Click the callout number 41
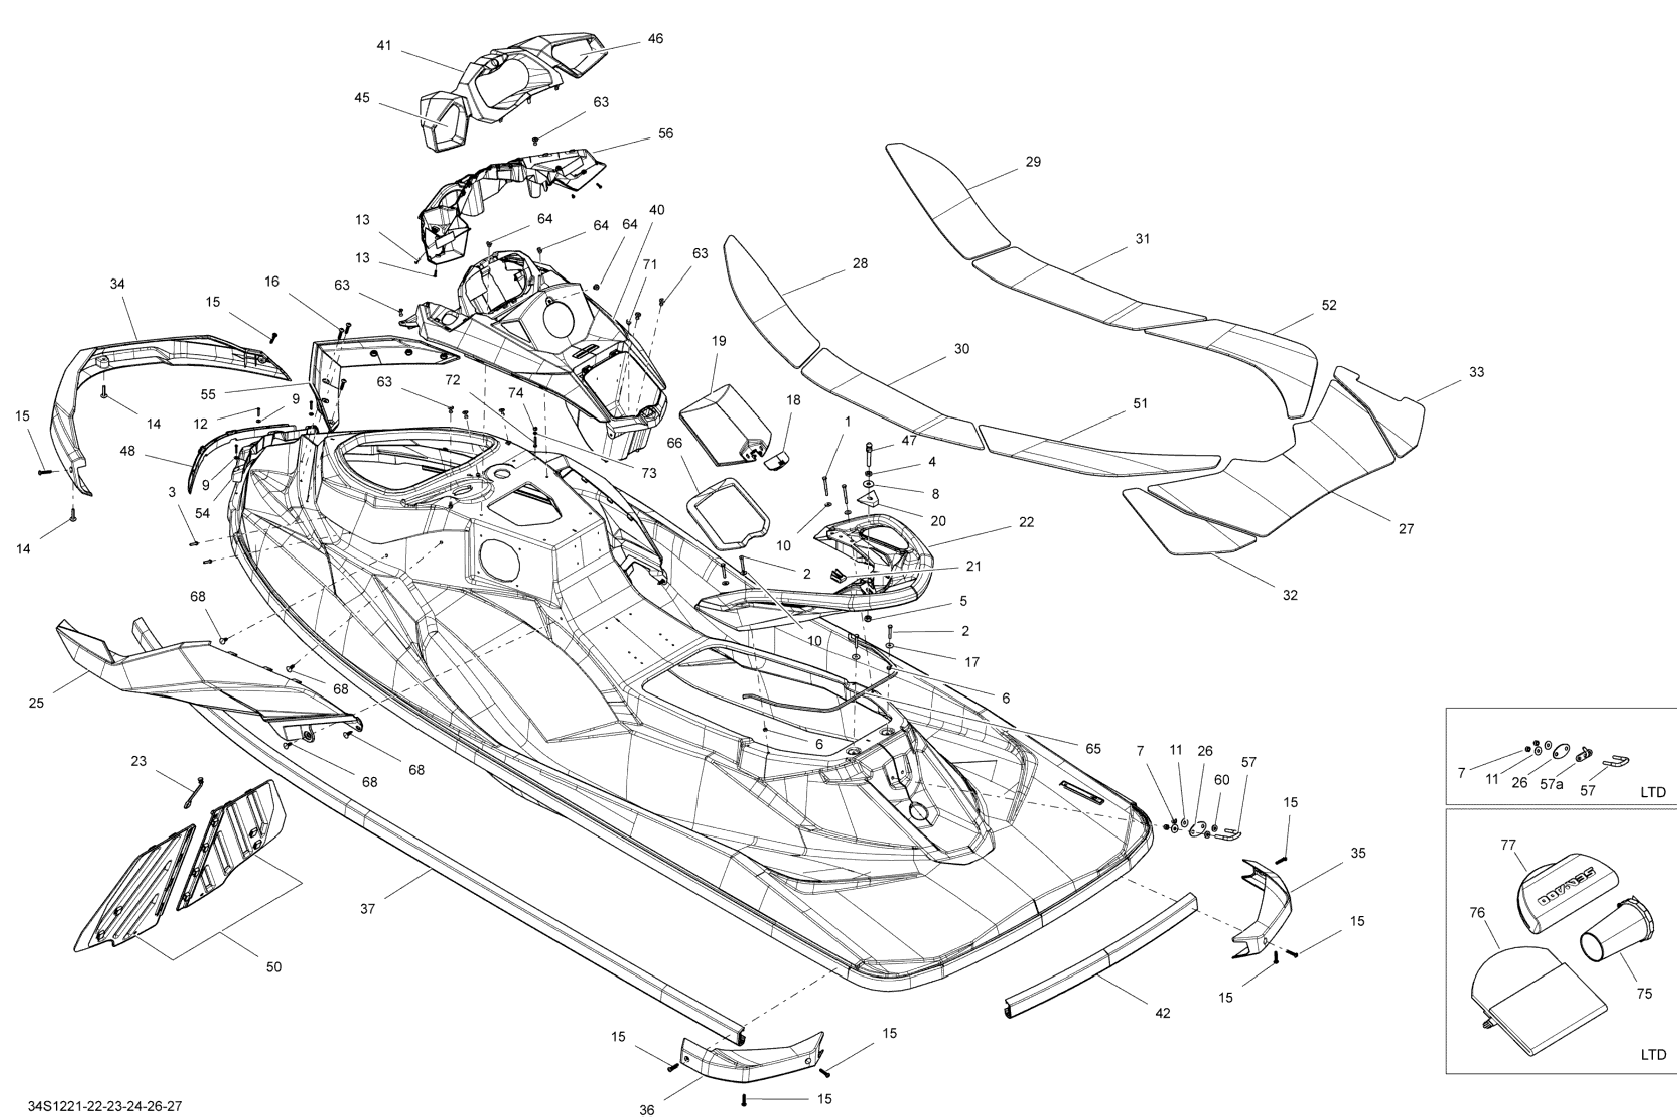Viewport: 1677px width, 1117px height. click(x=384, y=45)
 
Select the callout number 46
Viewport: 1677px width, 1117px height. click(x=655, y=38)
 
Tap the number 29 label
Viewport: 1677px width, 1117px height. click(x=1033, y=162)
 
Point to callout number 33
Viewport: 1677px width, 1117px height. click(x=1477, y=372)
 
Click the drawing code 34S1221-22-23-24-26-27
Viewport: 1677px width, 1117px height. click(x=105, y=1106)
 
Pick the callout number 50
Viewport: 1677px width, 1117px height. click(x=274, y=967)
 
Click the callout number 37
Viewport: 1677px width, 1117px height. click(x=367, y=908)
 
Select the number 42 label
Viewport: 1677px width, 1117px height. click(x=1163, y=1013)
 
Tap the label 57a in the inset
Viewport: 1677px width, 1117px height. click(x=1552, y=784)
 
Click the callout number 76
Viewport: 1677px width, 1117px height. click(x=1477, y=912)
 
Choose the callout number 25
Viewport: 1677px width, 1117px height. click(x=36, y=704)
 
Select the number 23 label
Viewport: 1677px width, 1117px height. click(x=139, y=761)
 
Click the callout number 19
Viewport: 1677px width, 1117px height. click(x=719, y=341)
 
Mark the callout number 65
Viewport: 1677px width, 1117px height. click(x=1093, y=749)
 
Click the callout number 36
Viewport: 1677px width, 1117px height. click(x=647, y=1110)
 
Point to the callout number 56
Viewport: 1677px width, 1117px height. click(x=665, y=133)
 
